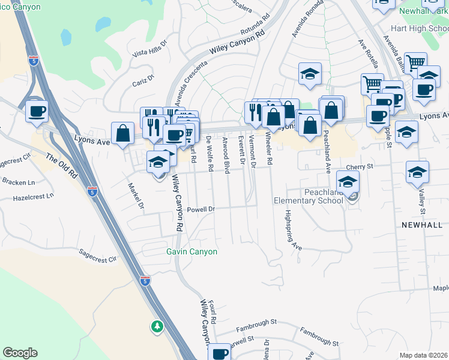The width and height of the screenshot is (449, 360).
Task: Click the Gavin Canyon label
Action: [191, 252]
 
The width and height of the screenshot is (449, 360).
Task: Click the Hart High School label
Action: [419, 29]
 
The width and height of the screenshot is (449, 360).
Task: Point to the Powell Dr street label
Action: [200, 209]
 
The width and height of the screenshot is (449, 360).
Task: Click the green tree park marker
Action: [157, 326]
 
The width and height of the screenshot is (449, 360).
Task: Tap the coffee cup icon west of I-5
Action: [37, 112]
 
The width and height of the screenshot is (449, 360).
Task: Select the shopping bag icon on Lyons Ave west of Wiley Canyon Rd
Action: [122, 134]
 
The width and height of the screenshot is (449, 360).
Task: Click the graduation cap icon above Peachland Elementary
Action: [348, 182]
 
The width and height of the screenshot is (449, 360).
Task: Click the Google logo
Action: [20, 353]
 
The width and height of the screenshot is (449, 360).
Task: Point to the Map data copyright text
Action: [424, 355]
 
